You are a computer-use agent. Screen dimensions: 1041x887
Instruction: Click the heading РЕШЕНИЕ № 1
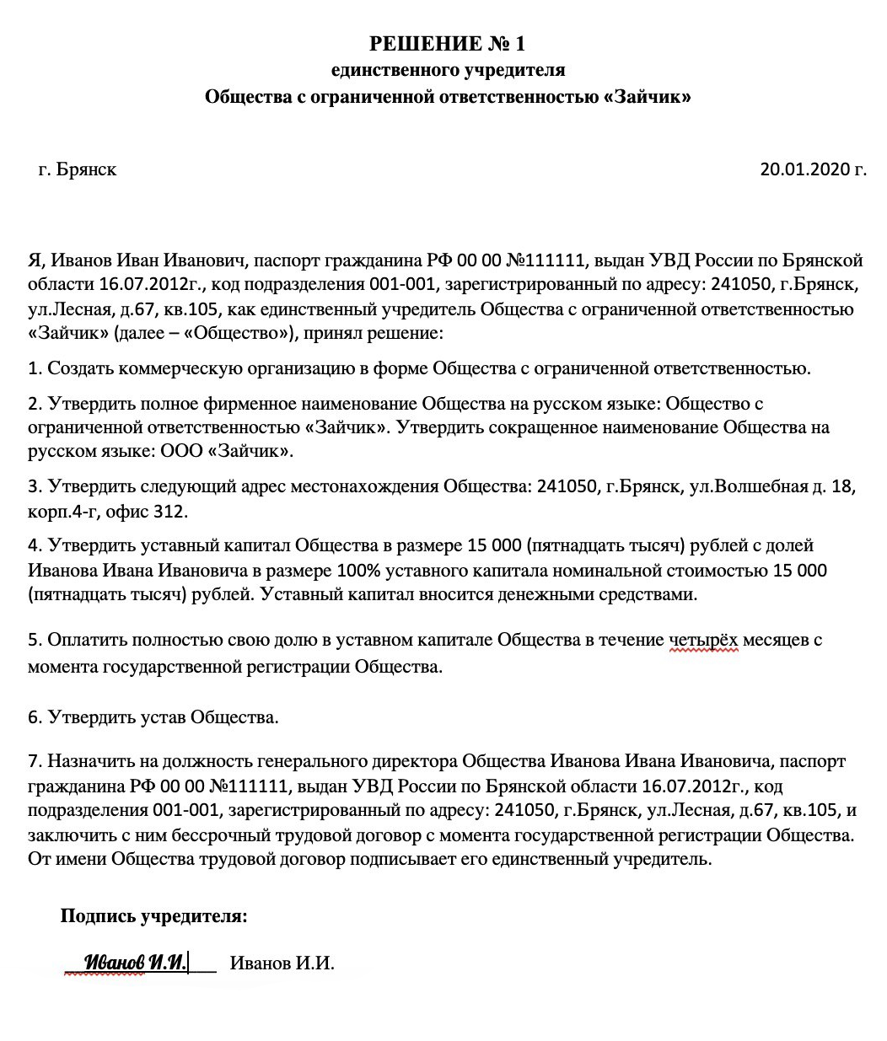click(447, 43)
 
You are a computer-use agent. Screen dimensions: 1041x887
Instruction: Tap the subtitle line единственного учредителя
click(448, 70)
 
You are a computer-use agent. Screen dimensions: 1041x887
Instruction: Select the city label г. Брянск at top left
click(78, 169)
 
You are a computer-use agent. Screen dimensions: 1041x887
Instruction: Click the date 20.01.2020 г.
click(813, 169)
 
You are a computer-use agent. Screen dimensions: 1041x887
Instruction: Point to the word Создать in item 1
click(79, 368)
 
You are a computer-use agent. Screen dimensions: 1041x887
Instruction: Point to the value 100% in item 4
click(359, 571)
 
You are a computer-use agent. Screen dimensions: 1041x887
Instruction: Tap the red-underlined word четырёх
click(703, 640)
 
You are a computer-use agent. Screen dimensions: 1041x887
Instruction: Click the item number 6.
click(35, 718)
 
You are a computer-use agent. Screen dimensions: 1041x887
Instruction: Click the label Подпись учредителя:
click(154, 916)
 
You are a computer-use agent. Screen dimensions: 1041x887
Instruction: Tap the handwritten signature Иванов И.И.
click(135, 962)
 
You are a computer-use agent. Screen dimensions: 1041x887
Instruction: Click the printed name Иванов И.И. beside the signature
click(282, 963)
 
